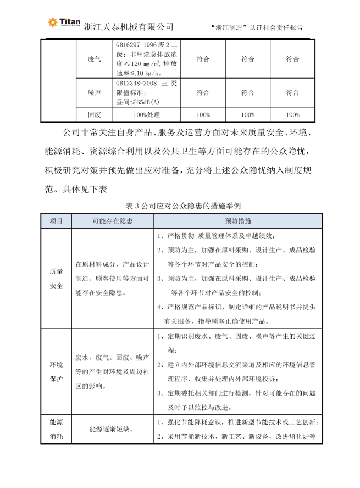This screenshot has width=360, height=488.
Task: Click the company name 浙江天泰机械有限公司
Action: [129, 26]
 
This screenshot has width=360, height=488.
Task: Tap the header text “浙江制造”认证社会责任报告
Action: [257, 27]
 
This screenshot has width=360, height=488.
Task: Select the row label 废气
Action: [94, 59]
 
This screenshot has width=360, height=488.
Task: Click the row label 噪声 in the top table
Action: [94, 93]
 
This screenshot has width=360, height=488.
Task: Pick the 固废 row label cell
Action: [94, 115]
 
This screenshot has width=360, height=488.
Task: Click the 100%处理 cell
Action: [146, 115]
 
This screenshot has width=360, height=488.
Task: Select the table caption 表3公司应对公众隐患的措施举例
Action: [180, 205]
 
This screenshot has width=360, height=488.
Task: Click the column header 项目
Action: [56, 221]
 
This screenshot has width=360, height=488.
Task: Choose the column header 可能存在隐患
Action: [112, 221]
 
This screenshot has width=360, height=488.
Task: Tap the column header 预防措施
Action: [237, 221]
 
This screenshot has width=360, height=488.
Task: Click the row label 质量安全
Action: [56, 279]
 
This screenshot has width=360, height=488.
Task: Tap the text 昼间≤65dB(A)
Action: [137, 102]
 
